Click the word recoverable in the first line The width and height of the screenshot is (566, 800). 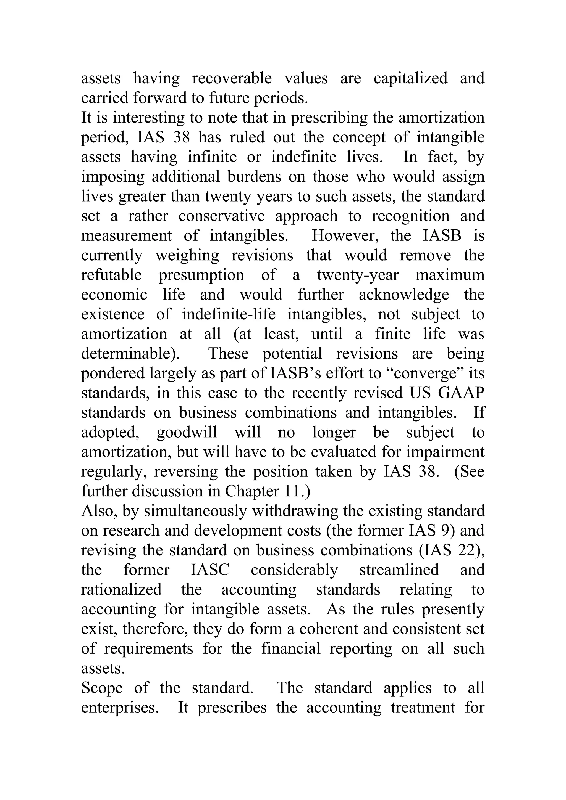[x=232, y=78]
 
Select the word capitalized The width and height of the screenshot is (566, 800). [x=410, y=78]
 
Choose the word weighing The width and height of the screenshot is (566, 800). [x=187, y=255]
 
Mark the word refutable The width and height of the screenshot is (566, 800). [x=111, y=275]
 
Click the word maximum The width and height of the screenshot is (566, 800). [x=450, y=275]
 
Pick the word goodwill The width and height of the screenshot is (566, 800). [x=187, y=432]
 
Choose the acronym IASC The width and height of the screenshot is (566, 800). [x=210, y=570]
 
